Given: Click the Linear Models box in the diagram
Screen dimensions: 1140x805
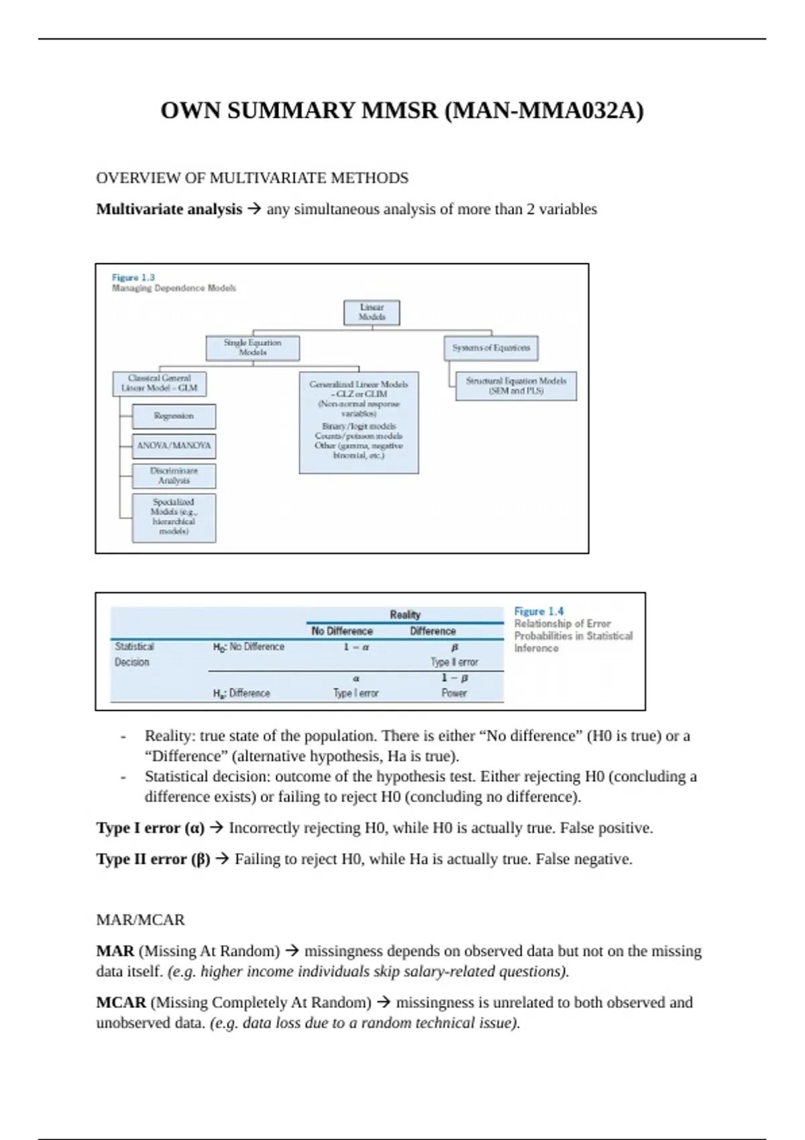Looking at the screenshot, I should click(x=372, y=312).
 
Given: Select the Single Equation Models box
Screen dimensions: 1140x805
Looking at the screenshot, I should click(x=252, y=347).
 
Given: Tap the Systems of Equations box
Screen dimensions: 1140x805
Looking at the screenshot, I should click(x=491, y=348).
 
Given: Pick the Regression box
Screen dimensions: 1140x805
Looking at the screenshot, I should click(x=174, y=416).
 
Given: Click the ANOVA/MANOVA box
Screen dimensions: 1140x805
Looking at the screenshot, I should click(x=174, y=445).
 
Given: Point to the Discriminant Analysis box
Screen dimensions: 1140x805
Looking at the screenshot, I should click(x=174, y=475).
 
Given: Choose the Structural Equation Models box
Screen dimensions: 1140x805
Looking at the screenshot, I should click(x=516, y=386).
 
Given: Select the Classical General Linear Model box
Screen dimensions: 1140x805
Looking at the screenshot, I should click(x=160, y=384).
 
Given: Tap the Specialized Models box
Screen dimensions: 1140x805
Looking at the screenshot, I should click(x=174, y=517).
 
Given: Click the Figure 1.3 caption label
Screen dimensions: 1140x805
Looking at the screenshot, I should click(x=133, y=278).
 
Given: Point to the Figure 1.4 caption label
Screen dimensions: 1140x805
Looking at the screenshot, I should click(x=539, y=612).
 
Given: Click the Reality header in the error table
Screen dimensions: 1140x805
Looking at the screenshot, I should click(x=405, y=615).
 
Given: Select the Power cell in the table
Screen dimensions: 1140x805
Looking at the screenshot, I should click(x=454, y=693).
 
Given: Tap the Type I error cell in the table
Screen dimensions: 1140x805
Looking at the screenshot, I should click(x=356, y=693).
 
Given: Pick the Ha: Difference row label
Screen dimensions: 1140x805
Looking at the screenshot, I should click(x=241, y=693).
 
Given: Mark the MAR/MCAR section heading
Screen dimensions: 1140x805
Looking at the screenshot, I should click(x=140, y=920).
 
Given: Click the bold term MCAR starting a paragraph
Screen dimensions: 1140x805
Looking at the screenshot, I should click(x=121, y=1003).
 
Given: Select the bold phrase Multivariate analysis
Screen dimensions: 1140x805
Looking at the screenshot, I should click(x=169, y=209).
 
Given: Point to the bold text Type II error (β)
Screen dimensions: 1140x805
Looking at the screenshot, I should click(x=153, y=859).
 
